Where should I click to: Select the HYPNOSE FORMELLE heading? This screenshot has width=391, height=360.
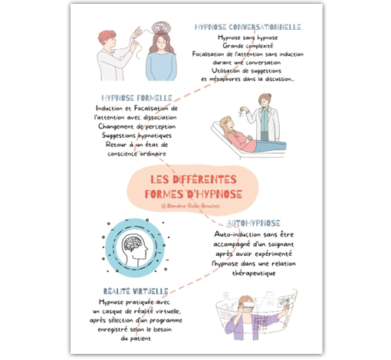pos(136,97)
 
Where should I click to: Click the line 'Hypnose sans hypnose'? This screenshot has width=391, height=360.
pos(248,37)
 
